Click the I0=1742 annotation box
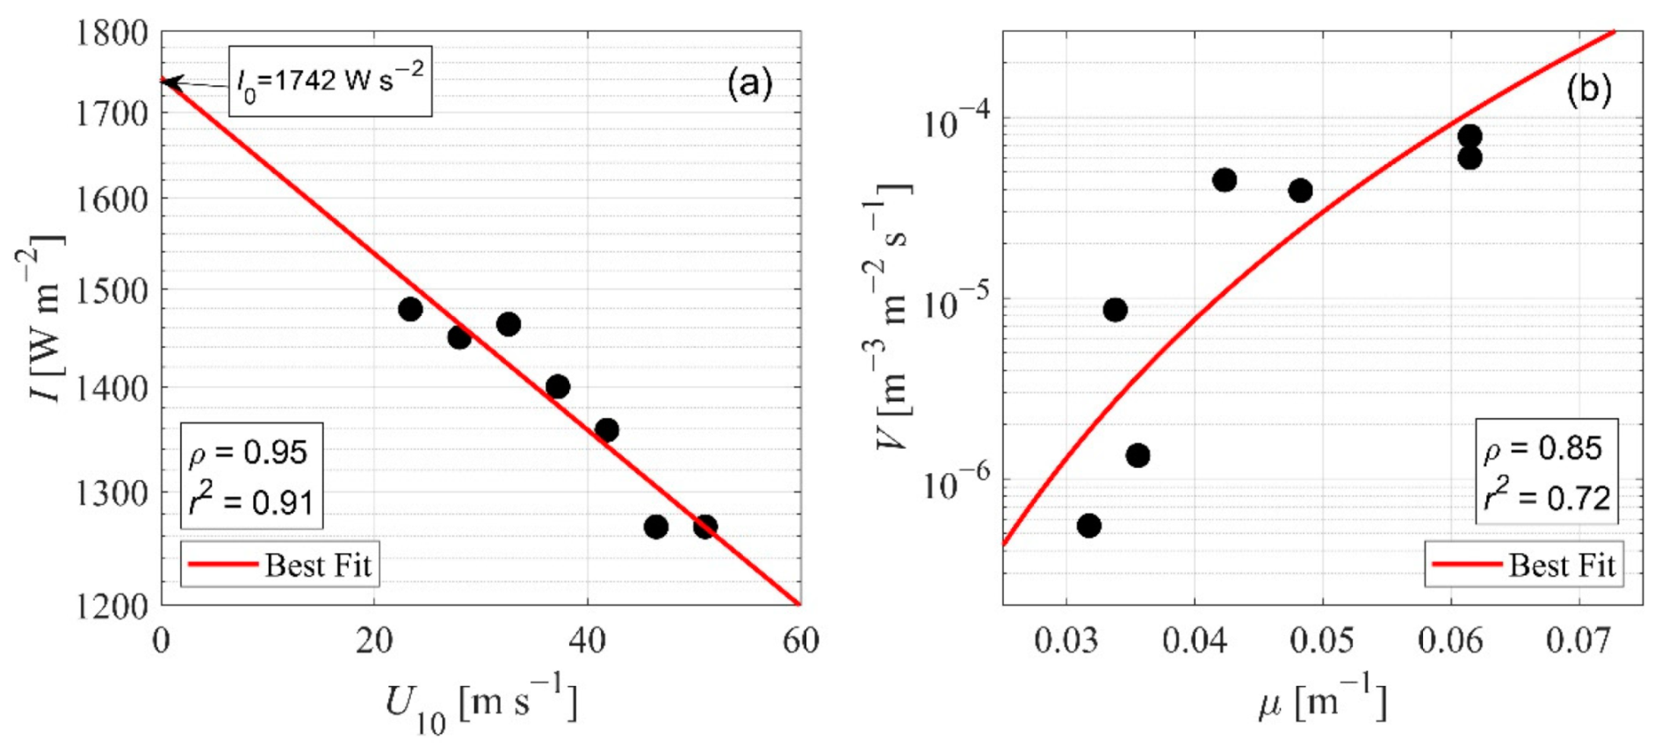pos(330,81)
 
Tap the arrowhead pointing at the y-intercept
pos(170,83)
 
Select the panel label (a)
pos(749,83)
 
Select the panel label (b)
pos(1588,90)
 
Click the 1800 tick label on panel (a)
pos(112,33)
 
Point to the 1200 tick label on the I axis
pos(112,606)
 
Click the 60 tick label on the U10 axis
pos(800,642)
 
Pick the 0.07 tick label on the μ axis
pos(1578,642)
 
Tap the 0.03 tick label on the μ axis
pos(1066,642)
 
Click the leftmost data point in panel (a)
pos(410,309)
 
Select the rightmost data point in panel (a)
pos(705,527)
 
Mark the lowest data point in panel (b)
pos(1089,526)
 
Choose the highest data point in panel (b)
pos(1470,136)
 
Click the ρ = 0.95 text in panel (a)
pos(249,452)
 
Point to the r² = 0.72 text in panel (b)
pos(1547,498)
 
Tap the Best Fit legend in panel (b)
pos(1524,565)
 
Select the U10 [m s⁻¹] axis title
pos(480,704)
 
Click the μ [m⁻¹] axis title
pos(1322,702)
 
